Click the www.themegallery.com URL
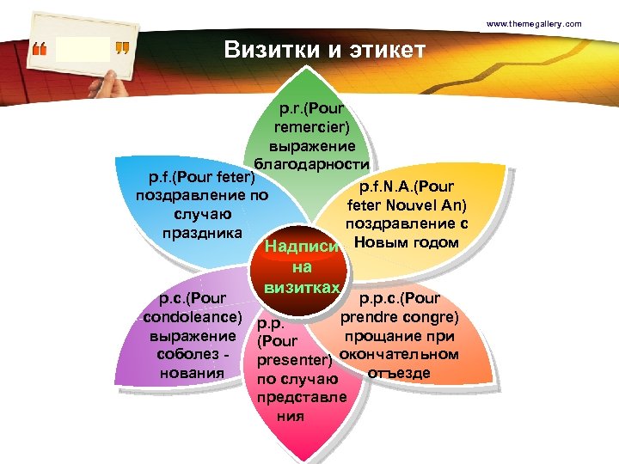pos(534,23)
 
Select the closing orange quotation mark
pos(122,49)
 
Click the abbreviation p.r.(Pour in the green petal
pos(312,109)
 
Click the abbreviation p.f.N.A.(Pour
pos(407,186)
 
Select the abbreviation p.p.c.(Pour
pos(400,299)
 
